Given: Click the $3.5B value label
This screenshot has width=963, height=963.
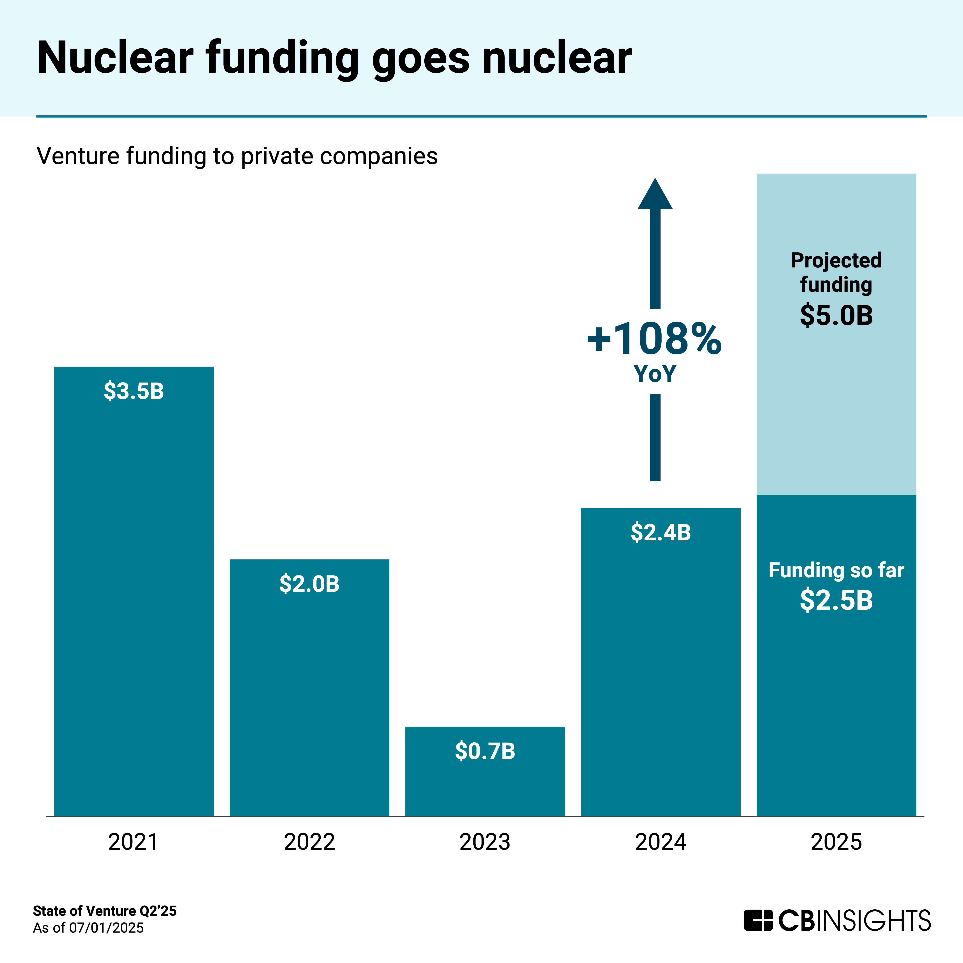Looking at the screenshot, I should click(134, 391).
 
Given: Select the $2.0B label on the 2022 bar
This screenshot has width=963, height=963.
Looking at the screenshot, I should click(309, 584).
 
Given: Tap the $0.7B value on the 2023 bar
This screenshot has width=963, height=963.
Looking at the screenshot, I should click(485, 751).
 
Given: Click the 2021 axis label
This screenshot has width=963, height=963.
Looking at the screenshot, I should click(133, 842).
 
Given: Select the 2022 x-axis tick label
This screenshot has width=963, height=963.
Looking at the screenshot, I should click(309, 842).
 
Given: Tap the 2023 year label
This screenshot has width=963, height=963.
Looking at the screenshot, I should click(485, 842).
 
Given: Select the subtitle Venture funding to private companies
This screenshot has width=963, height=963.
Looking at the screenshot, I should click(237, 156).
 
